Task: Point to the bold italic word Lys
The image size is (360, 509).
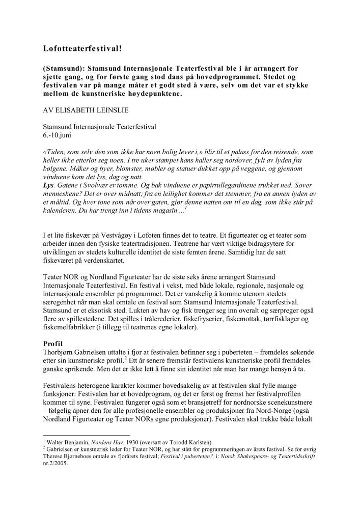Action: click(48, 185)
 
